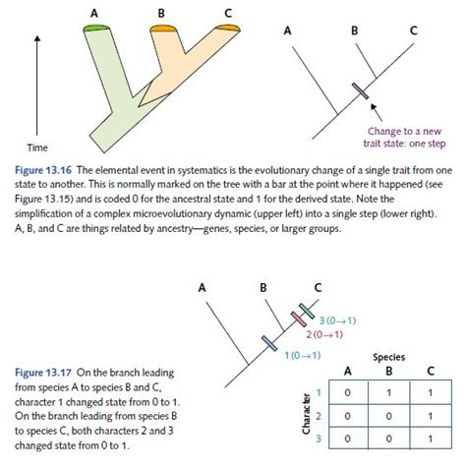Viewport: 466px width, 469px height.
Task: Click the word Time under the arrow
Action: [37, 147]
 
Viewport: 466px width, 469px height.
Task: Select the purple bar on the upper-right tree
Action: [361, 91]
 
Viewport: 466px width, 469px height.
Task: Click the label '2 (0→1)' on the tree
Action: [323, 335]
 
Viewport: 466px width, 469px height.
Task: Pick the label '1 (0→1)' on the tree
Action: [302, 355]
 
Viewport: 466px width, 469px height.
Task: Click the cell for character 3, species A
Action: [346, 437]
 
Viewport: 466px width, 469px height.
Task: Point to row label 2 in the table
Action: [317, 415]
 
